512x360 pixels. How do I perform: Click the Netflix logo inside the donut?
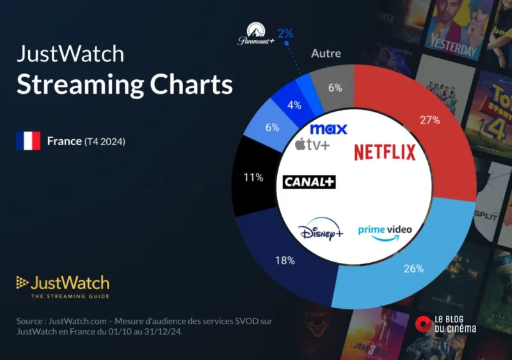coord(385,152)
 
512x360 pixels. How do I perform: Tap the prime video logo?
coord(384,231)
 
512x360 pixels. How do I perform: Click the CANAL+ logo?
coord(309,182)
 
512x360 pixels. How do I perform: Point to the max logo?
coord(328,129)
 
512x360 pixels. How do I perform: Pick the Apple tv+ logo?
coord(312,145)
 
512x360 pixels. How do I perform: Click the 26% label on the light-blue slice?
coord(413,269)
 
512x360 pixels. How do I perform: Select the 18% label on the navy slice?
coord(285,260)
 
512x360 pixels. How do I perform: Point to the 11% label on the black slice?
coord(253,177)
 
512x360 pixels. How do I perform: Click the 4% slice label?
coord(294,105)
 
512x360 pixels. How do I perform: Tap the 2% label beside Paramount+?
coord(285,33)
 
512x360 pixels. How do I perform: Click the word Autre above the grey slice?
coord(326,54)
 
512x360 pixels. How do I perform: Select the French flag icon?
coord(28,141)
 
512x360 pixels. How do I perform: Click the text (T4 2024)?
coord(105,141)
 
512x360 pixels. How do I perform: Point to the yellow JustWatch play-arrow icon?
coord(22,283)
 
